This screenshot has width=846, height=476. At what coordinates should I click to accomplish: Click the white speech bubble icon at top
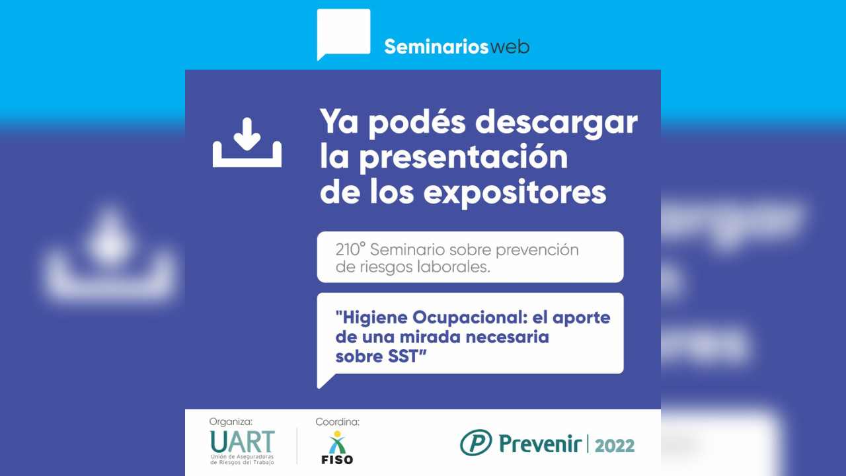point(344,34)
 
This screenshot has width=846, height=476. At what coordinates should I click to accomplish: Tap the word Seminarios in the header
point(437,47)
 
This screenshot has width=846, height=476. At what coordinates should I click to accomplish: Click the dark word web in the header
point(510,48)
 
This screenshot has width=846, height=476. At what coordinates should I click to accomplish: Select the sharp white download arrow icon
point(247,143)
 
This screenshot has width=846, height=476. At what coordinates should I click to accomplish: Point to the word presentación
point(463,157)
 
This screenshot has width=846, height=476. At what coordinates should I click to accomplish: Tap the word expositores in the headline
point(515,192)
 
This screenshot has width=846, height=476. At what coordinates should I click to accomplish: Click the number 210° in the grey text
point(350,250)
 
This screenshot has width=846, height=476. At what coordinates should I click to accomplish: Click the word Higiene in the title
point(371,318)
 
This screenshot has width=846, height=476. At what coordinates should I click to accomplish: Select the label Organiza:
point(231,422)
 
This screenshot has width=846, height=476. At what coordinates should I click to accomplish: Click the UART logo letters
point(242,442)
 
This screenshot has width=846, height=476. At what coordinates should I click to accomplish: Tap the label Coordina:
point(337,422)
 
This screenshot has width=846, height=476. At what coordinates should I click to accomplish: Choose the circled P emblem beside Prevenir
point(476,442)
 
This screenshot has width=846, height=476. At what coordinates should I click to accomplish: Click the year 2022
point(615,446)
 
